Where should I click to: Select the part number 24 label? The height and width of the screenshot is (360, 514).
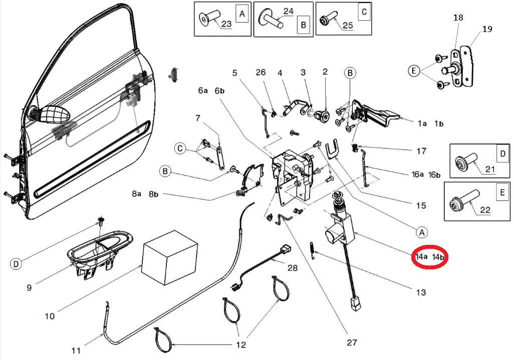pos(275,11)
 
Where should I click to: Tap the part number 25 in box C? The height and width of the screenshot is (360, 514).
pos(347,25)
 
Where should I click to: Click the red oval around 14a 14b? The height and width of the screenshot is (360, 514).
pos(430,257)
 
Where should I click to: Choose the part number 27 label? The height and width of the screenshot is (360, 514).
pos(352,343)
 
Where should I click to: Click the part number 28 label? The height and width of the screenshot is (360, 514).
pos(292,268)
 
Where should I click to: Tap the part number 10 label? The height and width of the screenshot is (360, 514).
pos(50,316)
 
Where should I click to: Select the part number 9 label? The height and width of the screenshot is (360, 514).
pos(29,287)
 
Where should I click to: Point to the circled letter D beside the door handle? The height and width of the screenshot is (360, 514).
pos(17,263)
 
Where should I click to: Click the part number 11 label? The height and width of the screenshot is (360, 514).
pos(76,350)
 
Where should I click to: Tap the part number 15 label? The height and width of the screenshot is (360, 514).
pos(421,205)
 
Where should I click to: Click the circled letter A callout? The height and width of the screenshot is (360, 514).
pos(422,232)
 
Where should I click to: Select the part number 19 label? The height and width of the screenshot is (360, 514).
pos(487,29)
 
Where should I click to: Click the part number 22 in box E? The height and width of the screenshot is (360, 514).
pos(485,210)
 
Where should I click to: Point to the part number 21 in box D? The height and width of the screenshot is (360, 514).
pos(489,169)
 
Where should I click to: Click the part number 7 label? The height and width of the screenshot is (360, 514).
pos(197,119)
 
